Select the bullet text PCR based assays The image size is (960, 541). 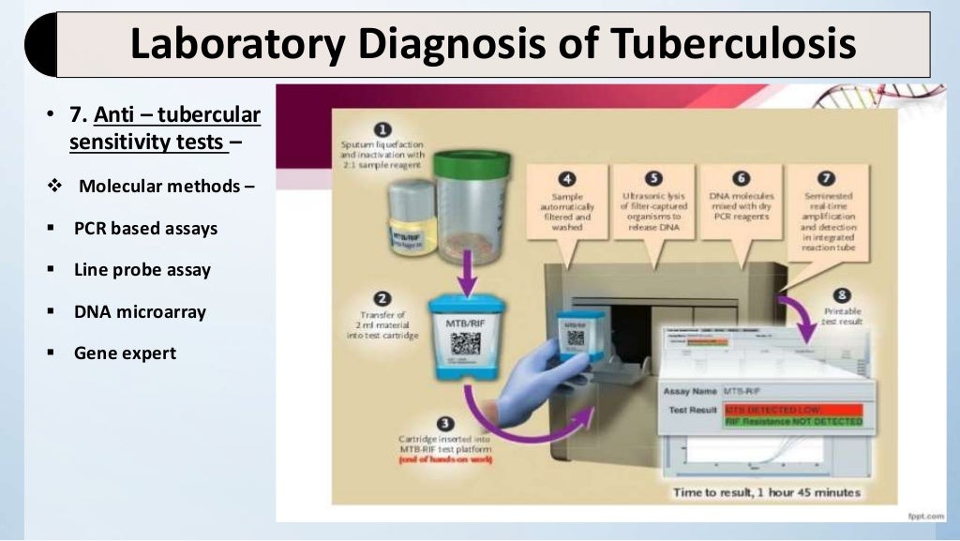145,228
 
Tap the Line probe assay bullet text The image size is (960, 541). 142,270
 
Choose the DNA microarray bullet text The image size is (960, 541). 140,311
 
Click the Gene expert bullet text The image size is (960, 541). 125,353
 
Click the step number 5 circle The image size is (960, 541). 653,178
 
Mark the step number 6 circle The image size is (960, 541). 741,178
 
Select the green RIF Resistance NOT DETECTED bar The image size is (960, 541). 797,423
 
